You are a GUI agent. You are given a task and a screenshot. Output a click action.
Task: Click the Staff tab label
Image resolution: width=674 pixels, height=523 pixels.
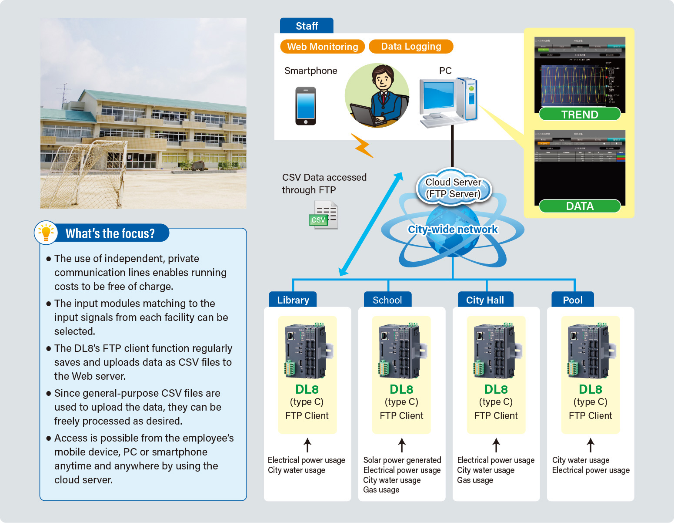click(307, 26)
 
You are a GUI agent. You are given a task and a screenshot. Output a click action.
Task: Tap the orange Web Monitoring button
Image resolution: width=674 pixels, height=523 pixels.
click(322, 47)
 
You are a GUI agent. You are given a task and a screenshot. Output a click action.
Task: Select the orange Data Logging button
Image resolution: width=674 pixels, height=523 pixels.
click(411, 46)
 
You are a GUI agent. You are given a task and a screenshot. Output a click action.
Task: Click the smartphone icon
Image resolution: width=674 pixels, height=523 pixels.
click(306, 106)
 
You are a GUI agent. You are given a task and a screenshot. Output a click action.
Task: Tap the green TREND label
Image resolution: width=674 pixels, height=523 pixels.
click(580, 114)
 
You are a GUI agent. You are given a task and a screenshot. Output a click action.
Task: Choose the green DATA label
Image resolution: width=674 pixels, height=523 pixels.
click(580, 206)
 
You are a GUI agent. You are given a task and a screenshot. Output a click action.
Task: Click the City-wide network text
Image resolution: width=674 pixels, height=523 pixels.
click(452, 229)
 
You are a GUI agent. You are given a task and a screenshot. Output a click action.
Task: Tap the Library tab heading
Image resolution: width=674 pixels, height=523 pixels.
click(293, 300)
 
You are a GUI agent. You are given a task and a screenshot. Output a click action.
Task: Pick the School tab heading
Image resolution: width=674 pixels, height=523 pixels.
click(387, 300)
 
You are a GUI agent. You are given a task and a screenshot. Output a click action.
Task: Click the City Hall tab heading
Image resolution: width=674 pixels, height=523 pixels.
click(485, 300)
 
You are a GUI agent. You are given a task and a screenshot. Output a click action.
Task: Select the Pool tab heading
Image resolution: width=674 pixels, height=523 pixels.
click(573, 300)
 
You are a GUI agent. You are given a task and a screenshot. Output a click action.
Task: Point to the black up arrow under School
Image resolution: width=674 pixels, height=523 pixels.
click(402, 445)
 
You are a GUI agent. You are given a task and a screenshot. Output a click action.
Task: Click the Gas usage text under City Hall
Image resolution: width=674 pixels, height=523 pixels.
click(475, 480)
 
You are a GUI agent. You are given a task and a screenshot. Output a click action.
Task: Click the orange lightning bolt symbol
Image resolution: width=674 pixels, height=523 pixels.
click(362, 146)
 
